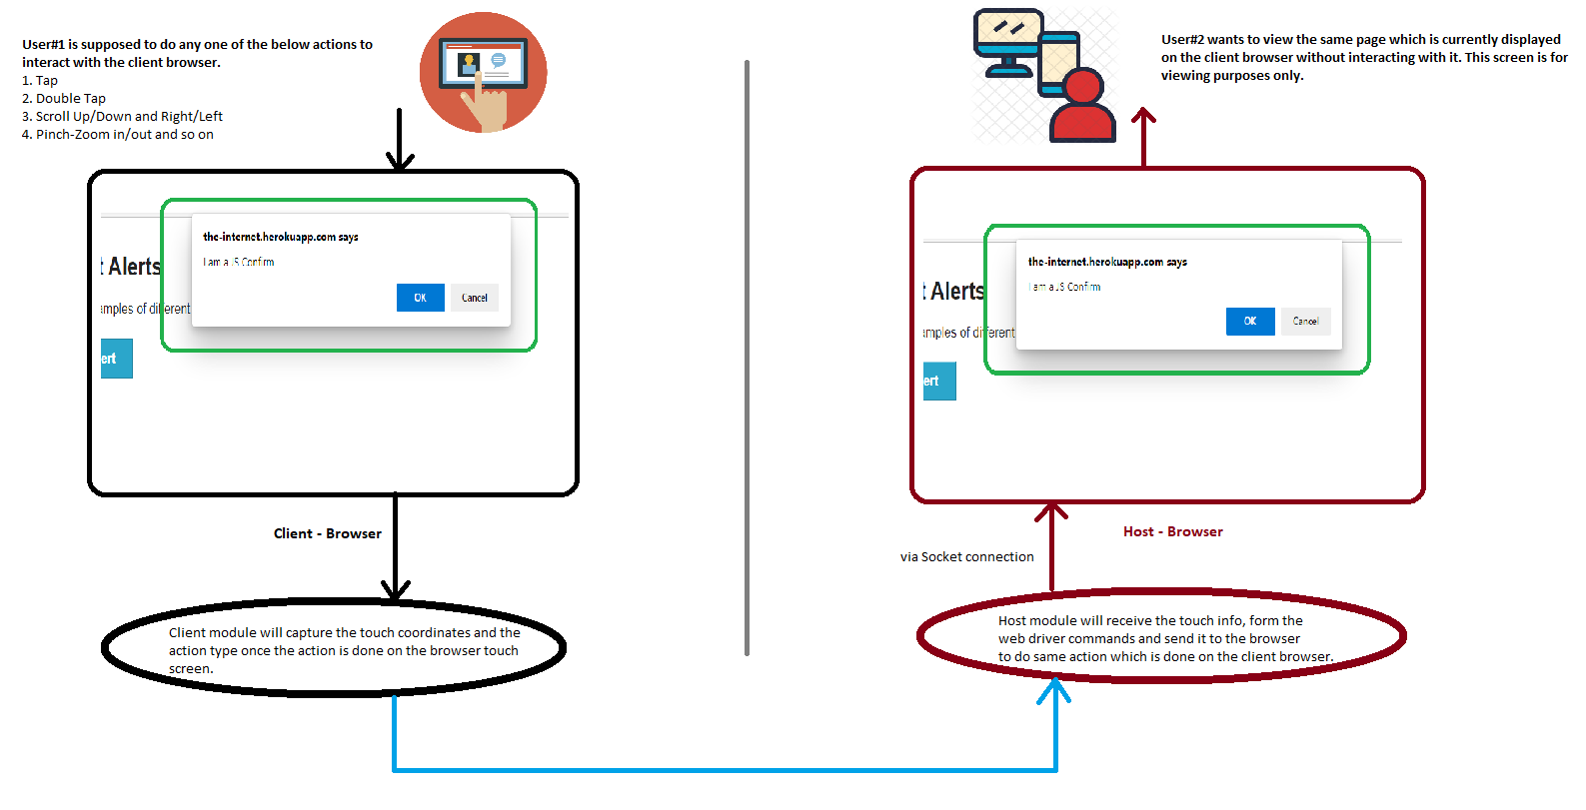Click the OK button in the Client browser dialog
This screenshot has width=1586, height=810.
[x=420, y=298]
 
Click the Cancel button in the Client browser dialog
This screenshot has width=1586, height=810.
[x=474, y=298]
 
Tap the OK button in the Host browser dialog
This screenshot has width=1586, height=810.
[x=1249, y=322]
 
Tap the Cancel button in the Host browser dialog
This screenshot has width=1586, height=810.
[x=1305, y=322]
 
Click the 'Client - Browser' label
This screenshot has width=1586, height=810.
[x=327, y=533]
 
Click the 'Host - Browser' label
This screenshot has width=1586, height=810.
[x=1172, y=531]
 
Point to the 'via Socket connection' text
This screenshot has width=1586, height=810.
[x=966, y=556]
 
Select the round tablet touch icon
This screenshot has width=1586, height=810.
[x=483, y=72]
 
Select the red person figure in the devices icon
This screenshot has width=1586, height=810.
[x=1082, y=107]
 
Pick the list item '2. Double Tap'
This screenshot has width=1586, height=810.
[x=64, y=98]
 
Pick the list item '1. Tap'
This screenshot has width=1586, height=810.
[x=40, y=80]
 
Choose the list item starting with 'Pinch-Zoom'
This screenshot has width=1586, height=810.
[x=118, y=134]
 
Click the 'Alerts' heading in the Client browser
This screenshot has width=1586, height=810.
[x=134, y=267]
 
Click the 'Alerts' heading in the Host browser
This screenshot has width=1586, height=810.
[x=956, y=291]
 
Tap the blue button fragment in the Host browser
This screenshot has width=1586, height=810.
[x=938, y=381]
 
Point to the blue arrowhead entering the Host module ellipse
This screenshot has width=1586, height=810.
[x=1054, y=688]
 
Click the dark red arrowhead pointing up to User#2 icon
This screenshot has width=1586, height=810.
[x=1143, y=116]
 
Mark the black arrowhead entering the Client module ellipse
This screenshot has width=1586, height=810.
[x=396, y=589]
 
